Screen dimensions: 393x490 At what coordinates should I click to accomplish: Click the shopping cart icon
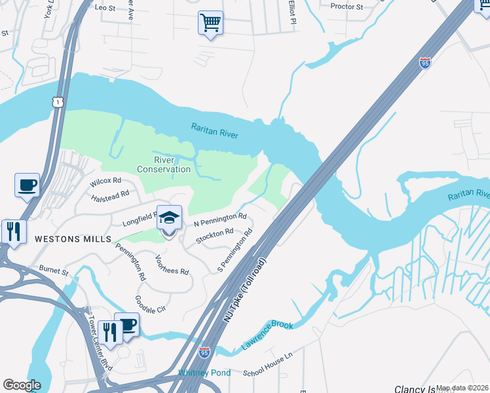210,22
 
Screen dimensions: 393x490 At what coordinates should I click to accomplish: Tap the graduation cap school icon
169,217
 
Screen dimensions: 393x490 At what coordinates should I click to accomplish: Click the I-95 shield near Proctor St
425,64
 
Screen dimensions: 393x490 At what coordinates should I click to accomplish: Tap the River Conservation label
164,164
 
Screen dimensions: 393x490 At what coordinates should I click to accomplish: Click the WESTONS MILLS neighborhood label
74,239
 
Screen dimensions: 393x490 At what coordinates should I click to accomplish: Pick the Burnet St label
54,269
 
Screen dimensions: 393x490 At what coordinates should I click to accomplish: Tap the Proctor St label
347,7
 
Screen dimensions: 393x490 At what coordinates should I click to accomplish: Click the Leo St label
105,7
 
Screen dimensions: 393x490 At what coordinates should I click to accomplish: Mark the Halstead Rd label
110,195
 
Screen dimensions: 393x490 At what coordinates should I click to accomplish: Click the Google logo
22,385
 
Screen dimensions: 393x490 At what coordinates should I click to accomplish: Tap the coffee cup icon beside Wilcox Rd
27,185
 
